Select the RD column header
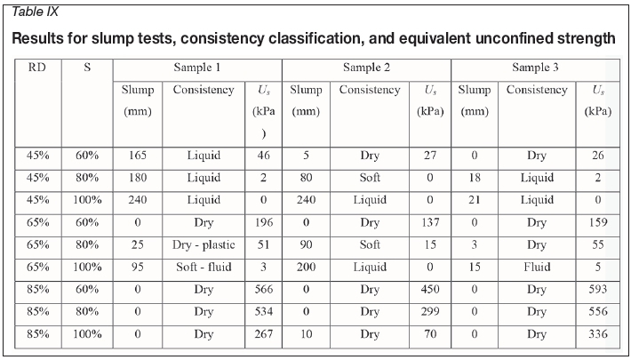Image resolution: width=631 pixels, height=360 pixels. [x=37, y=68]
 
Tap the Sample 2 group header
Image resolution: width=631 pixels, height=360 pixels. [x=367, y=68]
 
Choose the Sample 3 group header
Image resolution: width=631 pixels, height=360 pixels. [x=536, y=68]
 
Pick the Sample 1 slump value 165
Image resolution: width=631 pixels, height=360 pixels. [x=138, y=155]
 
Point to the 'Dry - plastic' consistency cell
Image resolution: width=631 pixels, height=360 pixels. [x=204, y=245]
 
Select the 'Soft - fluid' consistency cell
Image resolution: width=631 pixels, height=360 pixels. [x=204, y=268]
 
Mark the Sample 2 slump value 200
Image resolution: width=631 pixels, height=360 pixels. [x=306, y=268]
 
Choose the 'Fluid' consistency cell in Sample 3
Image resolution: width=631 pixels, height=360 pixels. [x=536, y=268]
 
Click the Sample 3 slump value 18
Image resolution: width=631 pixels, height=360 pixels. [x=474, y=177]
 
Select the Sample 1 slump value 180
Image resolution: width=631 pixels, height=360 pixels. [x=138, y=177]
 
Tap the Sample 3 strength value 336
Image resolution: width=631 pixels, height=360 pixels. [x=597, y=335]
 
